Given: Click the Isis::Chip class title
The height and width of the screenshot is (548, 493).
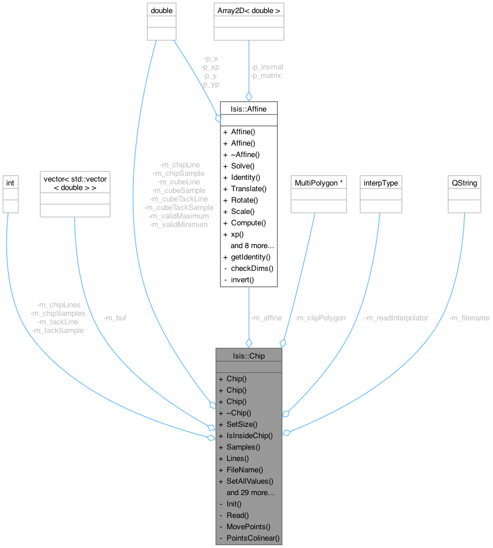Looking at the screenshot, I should [x=248, y=355].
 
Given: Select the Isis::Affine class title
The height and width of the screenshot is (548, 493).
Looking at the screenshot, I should [x=248, y=108].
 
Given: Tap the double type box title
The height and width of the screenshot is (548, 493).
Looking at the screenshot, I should [x=161, y=10].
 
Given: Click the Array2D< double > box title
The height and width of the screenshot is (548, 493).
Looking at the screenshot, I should [x=248, y=10].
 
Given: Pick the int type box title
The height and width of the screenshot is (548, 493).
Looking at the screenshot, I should [x=10, y=183].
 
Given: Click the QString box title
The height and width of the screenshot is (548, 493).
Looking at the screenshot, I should [x=464, y=183].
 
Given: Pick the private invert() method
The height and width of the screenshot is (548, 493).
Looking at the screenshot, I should [x=243, y=280].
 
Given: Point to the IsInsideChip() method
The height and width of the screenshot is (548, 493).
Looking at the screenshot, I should [x=249, y=435].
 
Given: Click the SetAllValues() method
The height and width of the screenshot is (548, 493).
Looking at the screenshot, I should [x=250, y=481].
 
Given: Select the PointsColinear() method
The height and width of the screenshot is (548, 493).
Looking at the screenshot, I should [x=253, y=538].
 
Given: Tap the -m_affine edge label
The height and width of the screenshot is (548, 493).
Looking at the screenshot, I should [x=266, y=318].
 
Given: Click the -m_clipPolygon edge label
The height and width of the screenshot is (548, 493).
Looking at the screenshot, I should [x=320, y=318].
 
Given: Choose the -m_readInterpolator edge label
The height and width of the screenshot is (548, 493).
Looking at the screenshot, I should [x=396, y=318].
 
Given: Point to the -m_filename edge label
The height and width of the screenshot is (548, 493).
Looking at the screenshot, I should [x=469, y=318].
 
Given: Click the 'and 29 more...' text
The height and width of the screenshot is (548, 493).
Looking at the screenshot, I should [x=250, y=492].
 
